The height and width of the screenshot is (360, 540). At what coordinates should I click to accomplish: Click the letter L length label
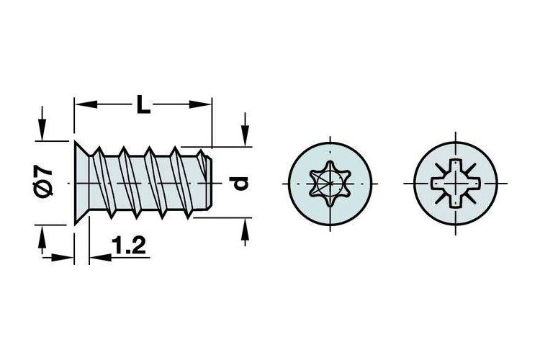pyautogui.click(x=143, y=104)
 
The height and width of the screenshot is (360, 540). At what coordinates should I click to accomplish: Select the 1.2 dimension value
pyautogui.click(x=128, y=246)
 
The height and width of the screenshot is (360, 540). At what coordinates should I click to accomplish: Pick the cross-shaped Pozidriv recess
pyautogui.click(x=456, y=184)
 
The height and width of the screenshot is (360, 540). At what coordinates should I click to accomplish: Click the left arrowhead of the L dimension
pyautogui.click(x=86, y=104)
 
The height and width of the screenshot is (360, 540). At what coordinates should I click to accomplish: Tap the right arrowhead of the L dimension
pyautogui.click(x=200, y=104)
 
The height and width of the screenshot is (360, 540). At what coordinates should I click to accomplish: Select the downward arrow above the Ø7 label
pyautogui.click(x=42, y=123)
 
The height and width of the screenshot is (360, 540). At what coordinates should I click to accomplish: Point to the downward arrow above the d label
pyautogui.click(x=245, y=129)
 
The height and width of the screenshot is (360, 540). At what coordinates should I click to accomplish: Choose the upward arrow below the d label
pyautogui.click(x=245, y=232)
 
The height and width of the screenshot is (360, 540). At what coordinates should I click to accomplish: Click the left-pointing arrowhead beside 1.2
pyautogui.click(x=100, y=257)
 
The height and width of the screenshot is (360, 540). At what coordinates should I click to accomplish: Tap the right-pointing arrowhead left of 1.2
pyautogui.click(x=63, y=257)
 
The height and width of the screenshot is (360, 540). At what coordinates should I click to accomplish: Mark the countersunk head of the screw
pyautogui.click(x=82, y=183)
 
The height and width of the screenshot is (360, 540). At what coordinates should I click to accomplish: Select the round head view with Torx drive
pyautogui.click(x=330, y=184)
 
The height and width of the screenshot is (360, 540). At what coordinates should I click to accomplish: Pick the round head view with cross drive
pyautogui.click(x=456, y=184)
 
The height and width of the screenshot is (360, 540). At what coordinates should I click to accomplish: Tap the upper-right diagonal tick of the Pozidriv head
pyautogui.click(x=470, y=168)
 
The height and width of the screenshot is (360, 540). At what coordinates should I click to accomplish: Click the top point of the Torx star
pyautogui.click(x=330, y=162)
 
